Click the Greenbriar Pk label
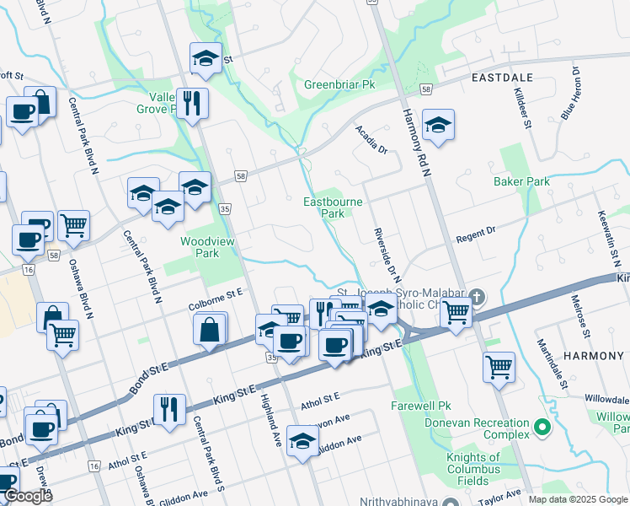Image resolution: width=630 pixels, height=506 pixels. tap(339, 85)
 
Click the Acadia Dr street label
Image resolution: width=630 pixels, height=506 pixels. tap(371, 139)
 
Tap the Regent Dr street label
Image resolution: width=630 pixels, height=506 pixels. tap(477, 233)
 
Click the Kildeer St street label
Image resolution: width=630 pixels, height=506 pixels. tap(522, 110)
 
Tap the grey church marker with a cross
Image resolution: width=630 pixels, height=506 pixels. tap(478, 297)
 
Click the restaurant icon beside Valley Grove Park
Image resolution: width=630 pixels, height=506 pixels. tap(192, 103)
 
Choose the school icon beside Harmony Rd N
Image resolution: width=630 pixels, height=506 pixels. tap(437, 125)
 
